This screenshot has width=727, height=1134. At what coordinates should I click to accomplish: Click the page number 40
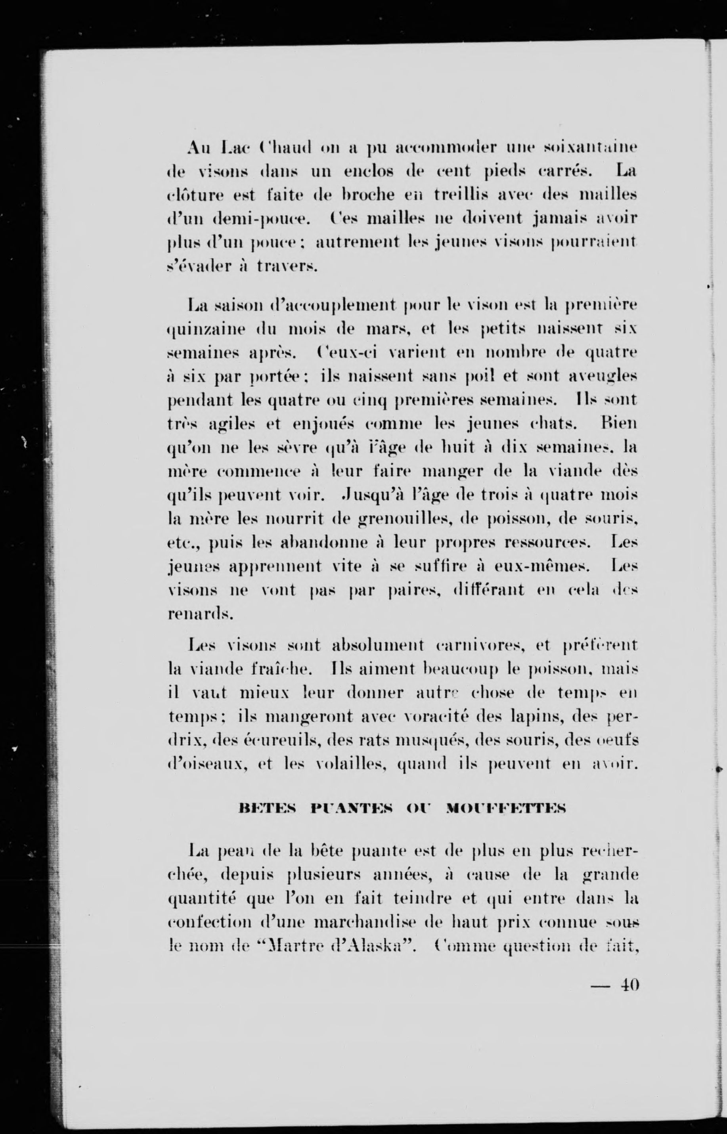coord(630,985)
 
